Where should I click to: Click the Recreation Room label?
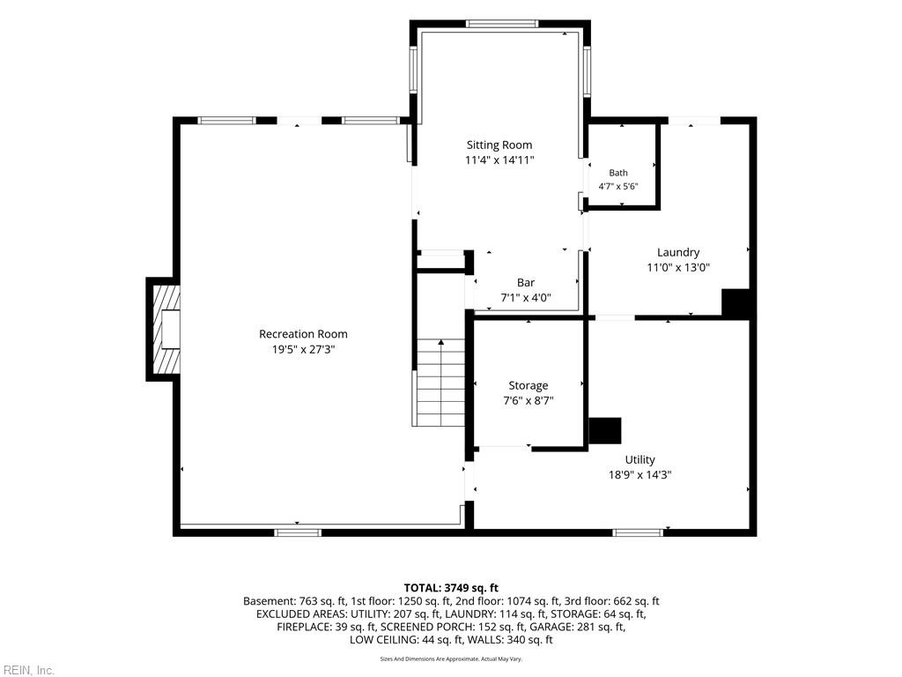tap(303, 334)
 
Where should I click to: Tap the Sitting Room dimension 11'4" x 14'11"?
tap(499, 160)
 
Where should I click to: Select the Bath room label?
tap(618, 173)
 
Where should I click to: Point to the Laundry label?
tap(678, 252)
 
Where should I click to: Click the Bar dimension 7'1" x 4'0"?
tap(526, 298)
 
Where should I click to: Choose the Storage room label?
tap(529, 386)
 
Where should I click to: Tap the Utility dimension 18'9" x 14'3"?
tap(640, 475)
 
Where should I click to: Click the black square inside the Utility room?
tap(605, 430)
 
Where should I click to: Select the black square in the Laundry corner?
tap(736, 303)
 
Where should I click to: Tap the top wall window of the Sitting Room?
tap(502, 24)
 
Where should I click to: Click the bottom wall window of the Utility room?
tap(638, 532)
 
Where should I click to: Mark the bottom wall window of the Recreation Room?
tap(298, 532)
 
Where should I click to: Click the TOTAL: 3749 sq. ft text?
tap(451, 588)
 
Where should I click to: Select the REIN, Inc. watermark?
tap(27, 670)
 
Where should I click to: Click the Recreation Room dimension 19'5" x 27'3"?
tap(304, 349)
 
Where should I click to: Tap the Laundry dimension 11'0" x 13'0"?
tap(679, 268)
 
